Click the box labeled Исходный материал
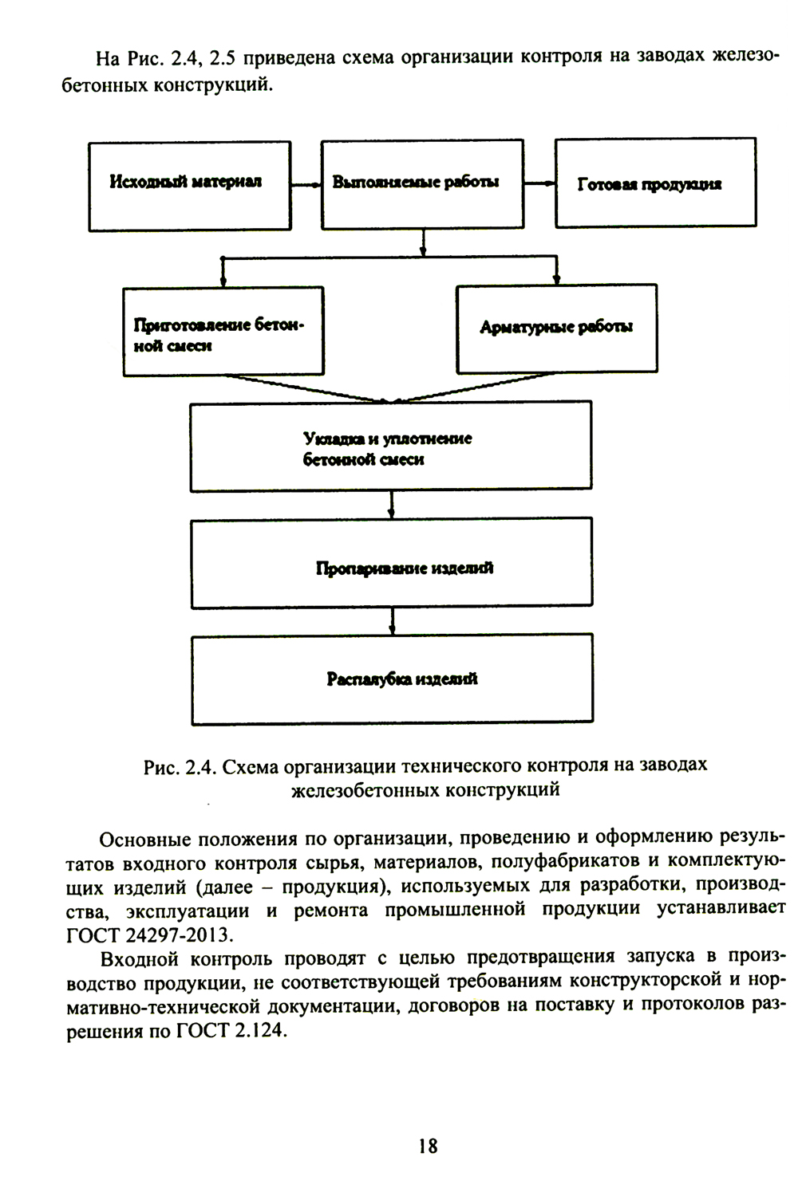coord(189,186)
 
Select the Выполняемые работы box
coord(422,184)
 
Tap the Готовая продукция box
coord(655,183)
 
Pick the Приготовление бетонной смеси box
coord(223,331)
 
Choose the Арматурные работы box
coord(556,328)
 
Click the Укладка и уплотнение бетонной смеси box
coord(390,447)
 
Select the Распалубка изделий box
coord(392,679)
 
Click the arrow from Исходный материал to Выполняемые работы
coord(306,184)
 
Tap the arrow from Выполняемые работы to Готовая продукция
coord(539,183)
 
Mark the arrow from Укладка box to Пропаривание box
coord(391,504)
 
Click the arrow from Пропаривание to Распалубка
coord(391,620)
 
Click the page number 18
coord(427,1146)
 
